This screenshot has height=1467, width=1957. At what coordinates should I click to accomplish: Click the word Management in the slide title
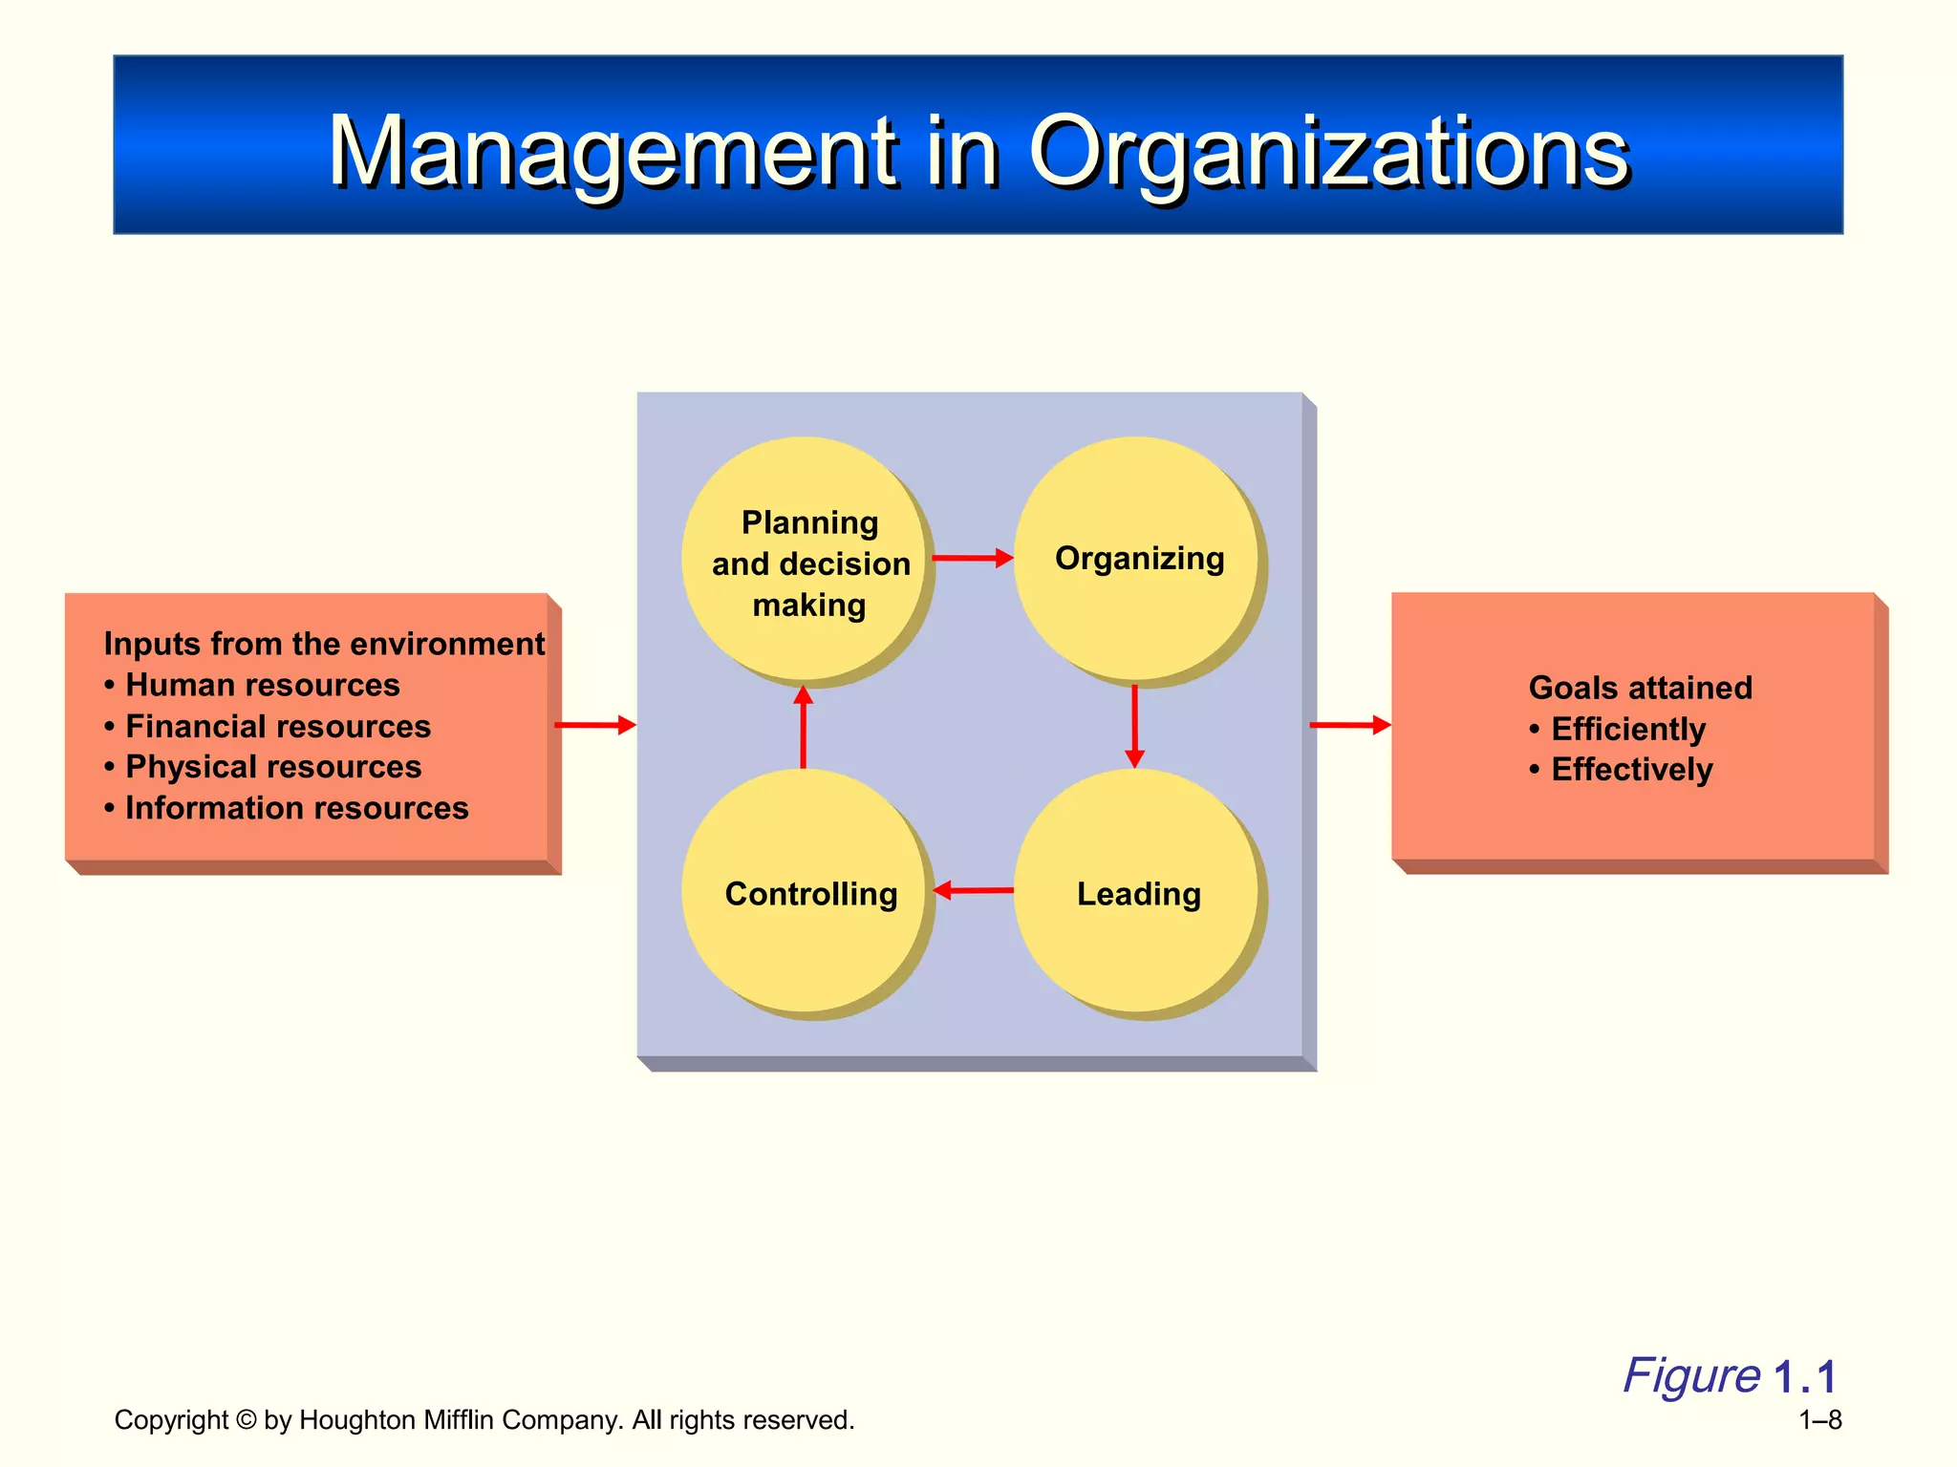612,151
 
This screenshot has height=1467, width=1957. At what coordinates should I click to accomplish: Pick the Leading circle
1137,892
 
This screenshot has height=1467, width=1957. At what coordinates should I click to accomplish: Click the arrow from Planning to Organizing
972,558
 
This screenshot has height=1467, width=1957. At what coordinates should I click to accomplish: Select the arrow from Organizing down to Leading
1134,726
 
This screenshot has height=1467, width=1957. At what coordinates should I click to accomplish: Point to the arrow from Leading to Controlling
972,890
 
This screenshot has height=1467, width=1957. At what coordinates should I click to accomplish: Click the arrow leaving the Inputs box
594,725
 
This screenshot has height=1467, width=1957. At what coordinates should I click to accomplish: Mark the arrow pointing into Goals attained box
1349,725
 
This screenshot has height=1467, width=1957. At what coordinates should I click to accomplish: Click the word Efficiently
1627,729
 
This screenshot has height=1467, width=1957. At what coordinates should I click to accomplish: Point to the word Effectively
1631,770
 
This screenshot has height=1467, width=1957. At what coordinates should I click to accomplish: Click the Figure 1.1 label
1729,1376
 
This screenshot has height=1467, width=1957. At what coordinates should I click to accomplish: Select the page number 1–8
1819,1420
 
